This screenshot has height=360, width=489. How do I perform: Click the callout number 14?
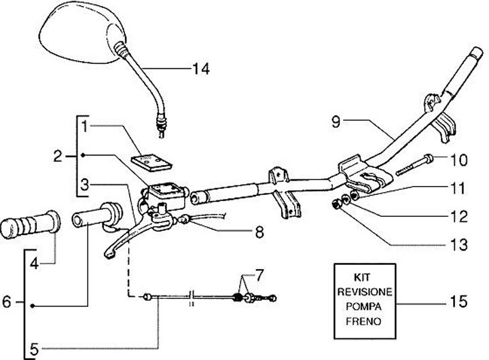click(x=201, y=69)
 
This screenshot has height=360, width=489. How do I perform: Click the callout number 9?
click(x=336, y=122)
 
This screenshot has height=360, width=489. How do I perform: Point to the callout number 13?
click(x=458, y=245)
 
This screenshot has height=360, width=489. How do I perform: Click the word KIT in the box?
click(x=362, y=277)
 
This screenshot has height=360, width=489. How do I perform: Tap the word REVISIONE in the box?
click(x=365, y=291)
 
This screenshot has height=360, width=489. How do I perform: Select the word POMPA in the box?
click(x=363, y=306)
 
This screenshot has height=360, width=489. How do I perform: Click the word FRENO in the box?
click(x=363, y=321)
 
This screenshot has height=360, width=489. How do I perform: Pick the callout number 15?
click(x=458, y=302)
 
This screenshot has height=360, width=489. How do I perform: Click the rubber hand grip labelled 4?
click(x=30, y=225)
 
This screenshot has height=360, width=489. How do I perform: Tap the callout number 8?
click(x=259, y=232)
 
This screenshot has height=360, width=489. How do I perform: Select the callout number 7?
click(x=259, y=274)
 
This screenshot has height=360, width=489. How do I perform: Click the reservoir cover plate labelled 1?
click(x=151, y=162)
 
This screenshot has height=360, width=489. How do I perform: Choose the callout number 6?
click(x=7, y=302)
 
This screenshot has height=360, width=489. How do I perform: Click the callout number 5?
click(x=34, y=349)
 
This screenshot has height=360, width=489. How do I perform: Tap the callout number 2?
click(x=58, y=156)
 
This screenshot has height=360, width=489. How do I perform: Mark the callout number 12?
click(x=458, y=217)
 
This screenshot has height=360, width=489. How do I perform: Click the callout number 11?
click(x=458, y=188)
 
